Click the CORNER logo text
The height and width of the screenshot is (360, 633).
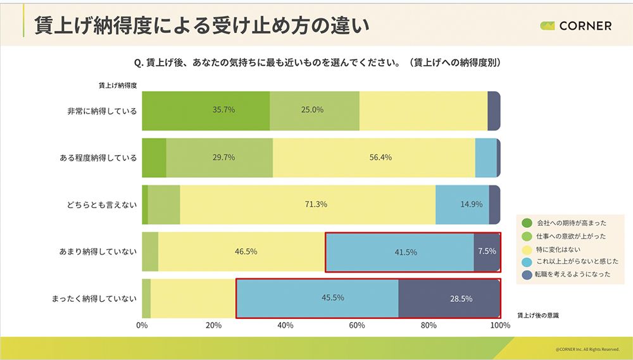[x=584, y=26]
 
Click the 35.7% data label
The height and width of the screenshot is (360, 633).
[x=223, y=109]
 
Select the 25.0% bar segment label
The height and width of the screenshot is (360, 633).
[x=312, y=109]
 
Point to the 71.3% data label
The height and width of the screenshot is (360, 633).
[x=316, y=204]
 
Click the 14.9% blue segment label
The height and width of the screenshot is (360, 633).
[x=471, y=204]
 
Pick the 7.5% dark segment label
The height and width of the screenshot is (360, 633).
[x=487, y=251]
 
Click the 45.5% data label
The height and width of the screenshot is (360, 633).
[x=332, y=297]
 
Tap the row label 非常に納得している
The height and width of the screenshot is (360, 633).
[x=102, y=111]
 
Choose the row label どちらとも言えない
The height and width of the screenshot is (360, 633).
[x=102, y=204]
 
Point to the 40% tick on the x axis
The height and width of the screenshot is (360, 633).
[x=285, y=325]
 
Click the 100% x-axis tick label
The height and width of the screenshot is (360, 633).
[x=500, y=325]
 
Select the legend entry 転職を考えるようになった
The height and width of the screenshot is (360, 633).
[x=573, y=275]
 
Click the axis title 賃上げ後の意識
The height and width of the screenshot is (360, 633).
[x=538, y=314]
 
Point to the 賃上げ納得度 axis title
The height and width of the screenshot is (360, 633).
[x=118, y=84]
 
